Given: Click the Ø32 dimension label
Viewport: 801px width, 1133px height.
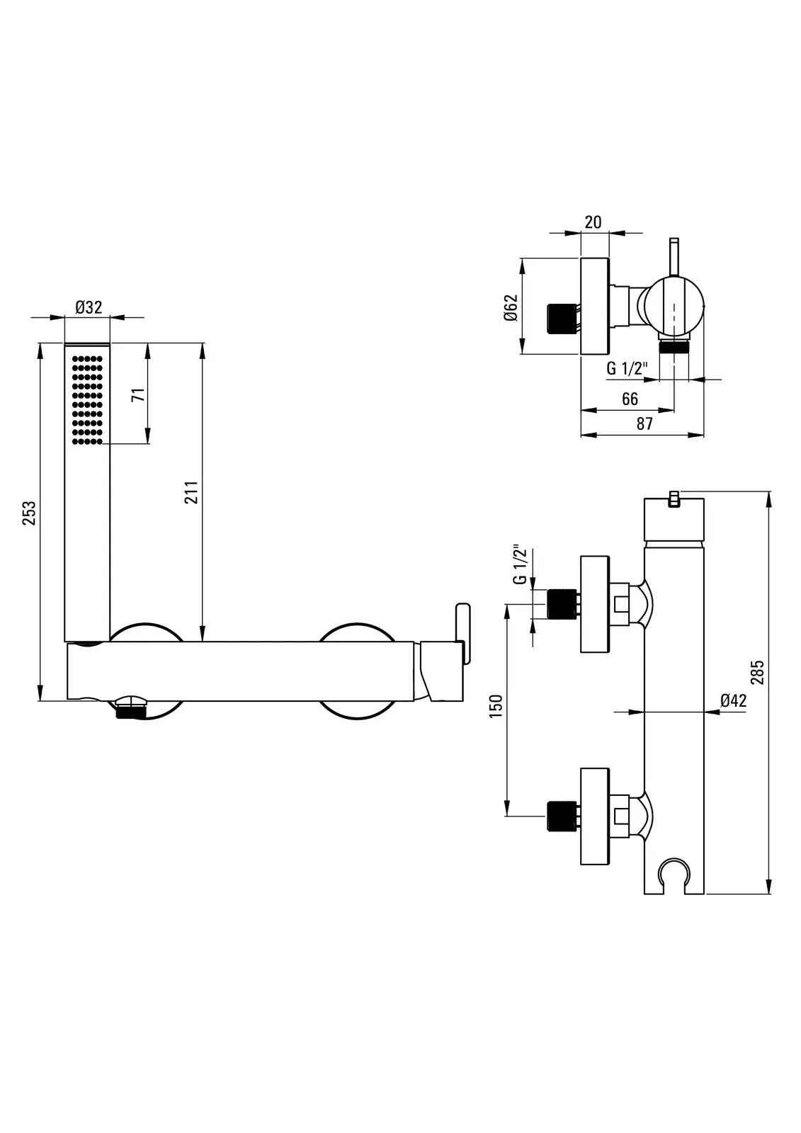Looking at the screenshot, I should tap(89, 307).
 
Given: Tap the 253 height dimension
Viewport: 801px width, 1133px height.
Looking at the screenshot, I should tap(29, 513).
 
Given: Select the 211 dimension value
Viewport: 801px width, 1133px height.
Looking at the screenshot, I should tap(191, 492).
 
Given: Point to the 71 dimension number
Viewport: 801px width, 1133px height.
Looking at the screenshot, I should tap(139, 394).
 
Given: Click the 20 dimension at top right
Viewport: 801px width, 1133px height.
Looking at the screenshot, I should tap(593, 222).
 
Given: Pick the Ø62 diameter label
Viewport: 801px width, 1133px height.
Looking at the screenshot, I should tap(511, 307).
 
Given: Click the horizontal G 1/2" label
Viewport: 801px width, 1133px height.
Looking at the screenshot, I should tap(627, 368).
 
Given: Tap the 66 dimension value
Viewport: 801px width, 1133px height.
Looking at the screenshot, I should tap(630, 399).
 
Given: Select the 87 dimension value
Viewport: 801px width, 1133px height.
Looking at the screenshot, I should tap(644, 424).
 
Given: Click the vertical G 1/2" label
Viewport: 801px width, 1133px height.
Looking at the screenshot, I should tap(520, 565).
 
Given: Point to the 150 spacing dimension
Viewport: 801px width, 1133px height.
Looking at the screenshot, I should tap(496, 706).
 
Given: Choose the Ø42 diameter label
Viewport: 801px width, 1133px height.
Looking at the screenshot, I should tap(733, 701).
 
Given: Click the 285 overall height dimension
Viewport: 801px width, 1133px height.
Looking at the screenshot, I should tap(758, 672).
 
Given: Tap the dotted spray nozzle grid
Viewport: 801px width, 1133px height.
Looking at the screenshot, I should tap(88, 400).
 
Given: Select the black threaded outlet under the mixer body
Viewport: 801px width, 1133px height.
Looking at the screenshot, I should tap(130, 710).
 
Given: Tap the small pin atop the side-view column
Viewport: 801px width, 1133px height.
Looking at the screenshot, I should tap(673, 499).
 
